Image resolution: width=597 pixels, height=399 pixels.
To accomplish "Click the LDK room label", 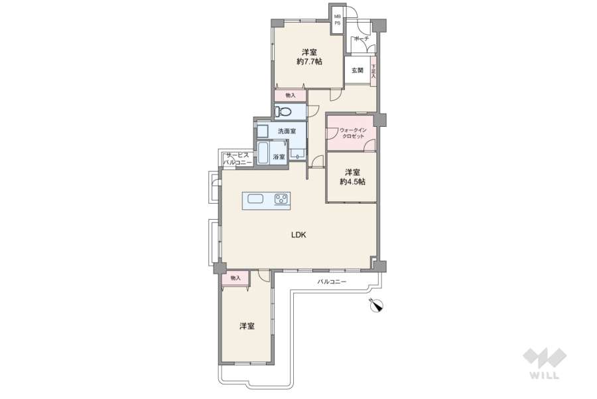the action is tap(298, 235).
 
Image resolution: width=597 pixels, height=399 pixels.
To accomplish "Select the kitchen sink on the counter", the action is tap(255, 199).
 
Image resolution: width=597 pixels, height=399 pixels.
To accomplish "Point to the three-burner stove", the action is tap(282, 199).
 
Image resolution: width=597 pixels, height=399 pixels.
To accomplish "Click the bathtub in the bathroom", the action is tap(263, 153).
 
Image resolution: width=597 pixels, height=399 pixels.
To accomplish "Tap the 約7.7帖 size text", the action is tap(309, 61).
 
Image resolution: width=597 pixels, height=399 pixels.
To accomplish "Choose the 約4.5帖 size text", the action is tap(353, 182).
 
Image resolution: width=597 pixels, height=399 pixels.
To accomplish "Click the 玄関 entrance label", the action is tap(357, 70).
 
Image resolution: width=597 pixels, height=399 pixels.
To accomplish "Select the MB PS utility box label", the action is tap(338, 20).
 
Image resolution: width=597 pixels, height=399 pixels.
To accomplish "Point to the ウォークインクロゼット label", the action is tap(353, 133).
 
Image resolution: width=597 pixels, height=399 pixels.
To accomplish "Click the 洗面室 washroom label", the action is tap(287, 131).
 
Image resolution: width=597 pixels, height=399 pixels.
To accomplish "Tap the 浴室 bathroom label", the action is tap(279, 157).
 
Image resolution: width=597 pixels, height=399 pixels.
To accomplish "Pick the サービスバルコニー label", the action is tap(237, 159).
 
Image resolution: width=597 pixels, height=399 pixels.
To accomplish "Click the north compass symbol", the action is tap(377, 305).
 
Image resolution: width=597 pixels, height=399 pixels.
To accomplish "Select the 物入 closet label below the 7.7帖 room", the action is tap(291, 96).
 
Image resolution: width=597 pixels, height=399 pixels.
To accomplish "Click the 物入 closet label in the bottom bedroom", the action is tap(235, 278).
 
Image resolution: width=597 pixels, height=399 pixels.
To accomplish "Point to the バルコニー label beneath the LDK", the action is tap(332, 282).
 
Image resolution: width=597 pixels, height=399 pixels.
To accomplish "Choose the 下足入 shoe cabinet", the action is tap(373, 71).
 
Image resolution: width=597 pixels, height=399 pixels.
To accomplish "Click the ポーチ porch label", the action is tap(362, 39).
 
